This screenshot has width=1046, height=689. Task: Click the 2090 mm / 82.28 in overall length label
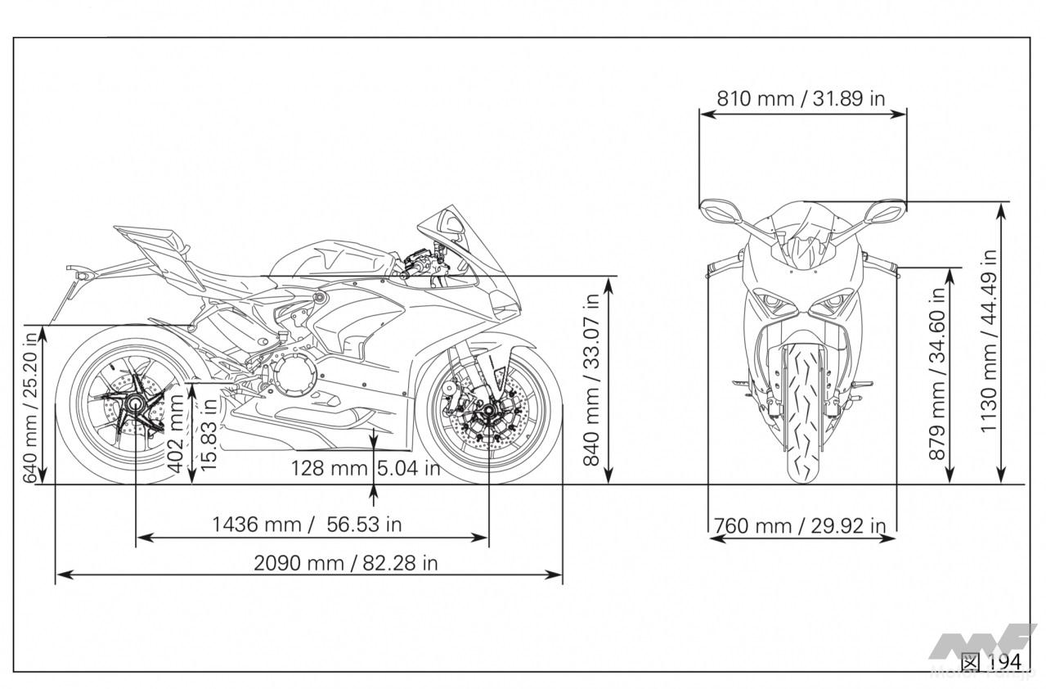coord(346,563)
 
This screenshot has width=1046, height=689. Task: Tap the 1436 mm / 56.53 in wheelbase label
coord(307,525)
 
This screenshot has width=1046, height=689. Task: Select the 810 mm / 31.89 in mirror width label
coord(801,98)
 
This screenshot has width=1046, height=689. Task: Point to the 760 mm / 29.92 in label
coord(800,526)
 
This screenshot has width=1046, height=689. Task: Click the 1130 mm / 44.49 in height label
coord(989,341)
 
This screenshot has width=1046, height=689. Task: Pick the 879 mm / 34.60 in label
coord(938,374)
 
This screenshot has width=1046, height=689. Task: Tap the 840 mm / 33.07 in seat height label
coord(591,380)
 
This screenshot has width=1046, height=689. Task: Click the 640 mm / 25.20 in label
coord(30,408)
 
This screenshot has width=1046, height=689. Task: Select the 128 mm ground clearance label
coord(330,468)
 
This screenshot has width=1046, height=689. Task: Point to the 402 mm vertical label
coord(176,434)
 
